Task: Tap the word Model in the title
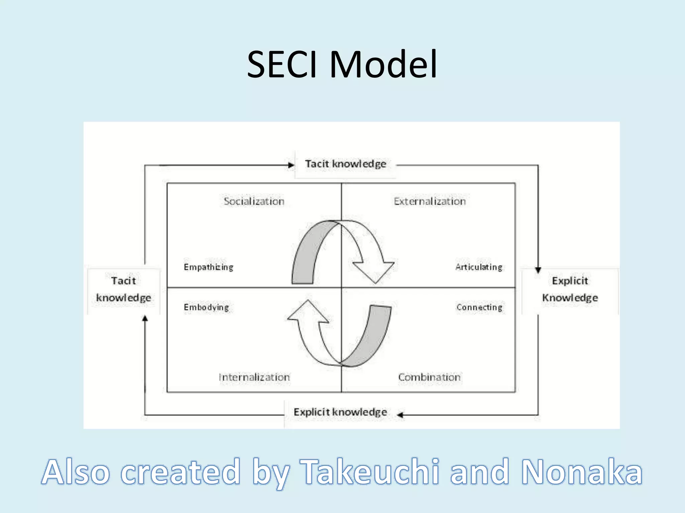coord(383,64)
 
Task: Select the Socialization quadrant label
coord(254,201)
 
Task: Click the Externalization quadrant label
coord(429,201)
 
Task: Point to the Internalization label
coord(254,377)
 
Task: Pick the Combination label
coord(429,377)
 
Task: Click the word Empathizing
coord(208,267)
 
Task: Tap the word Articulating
coord(479,267)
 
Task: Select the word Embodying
coord(206,307)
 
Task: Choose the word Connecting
coord(479,307)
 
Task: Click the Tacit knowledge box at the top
coord(345,164)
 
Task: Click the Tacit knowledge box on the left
coord(123,290)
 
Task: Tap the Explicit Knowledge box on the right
coord(570,290)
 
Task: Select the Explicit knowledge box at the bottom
coord(340,412)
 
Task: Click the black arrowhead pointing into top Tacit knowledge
coord(291,165)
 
